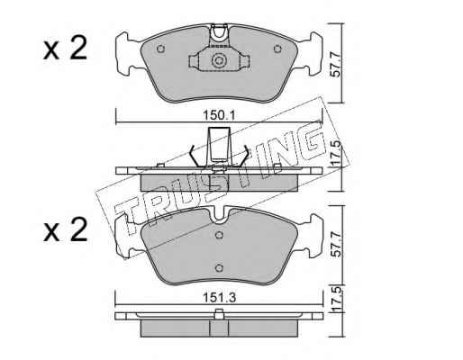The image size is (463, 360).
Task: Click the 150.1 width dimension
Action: pyautogui.click(x=220, y=115)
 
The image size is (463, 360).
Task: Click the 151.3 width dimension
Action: pyautogui.click(x=220, y=298)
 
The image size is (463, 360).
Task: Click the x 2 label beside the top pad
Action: pyautogui.click(x=65, y=49)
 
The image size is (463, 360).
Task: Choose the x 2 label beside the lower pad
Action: pyautogui.click(x=65, y=230)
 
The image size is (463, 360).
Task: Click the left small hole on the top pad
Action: pyautogui.click(x=161, y=49)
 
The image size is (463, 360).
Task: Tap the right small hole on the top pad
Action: pyautogui.click(x=277, y=49)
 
